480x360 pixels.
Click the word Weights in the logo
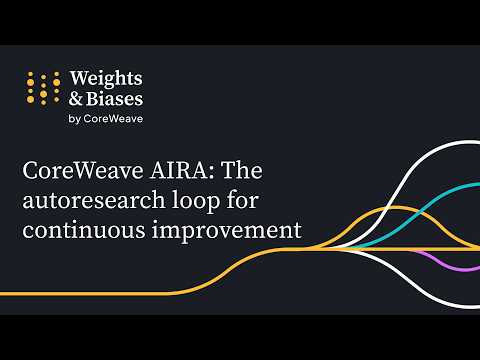[x=106, y=79]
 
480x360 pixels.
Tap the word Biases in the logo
[x=115, y=99]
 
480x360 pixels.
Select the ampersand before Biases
[x=76, y=99]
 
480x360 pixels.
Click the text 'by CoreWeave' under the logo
[x=106, y=119]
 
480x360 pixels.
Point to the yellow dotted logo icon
[x=43, y=88]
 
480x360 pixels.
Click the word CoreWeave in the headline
[x=83, y=170]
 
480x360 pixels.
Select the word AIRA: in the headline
[x=182, y=170]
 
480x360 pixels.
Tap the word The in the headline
[x=242, y=170]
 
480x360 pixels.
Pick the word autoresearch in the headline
[x=94, y=200]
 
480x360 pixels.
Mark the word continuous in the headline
[x=84, y=230]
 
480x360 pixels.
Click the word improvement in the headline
[x=227, y=231]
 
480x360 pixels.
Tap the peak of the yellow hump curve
[x=394, y=208]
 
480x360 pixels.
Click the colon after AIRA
[x=212, y=172]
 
